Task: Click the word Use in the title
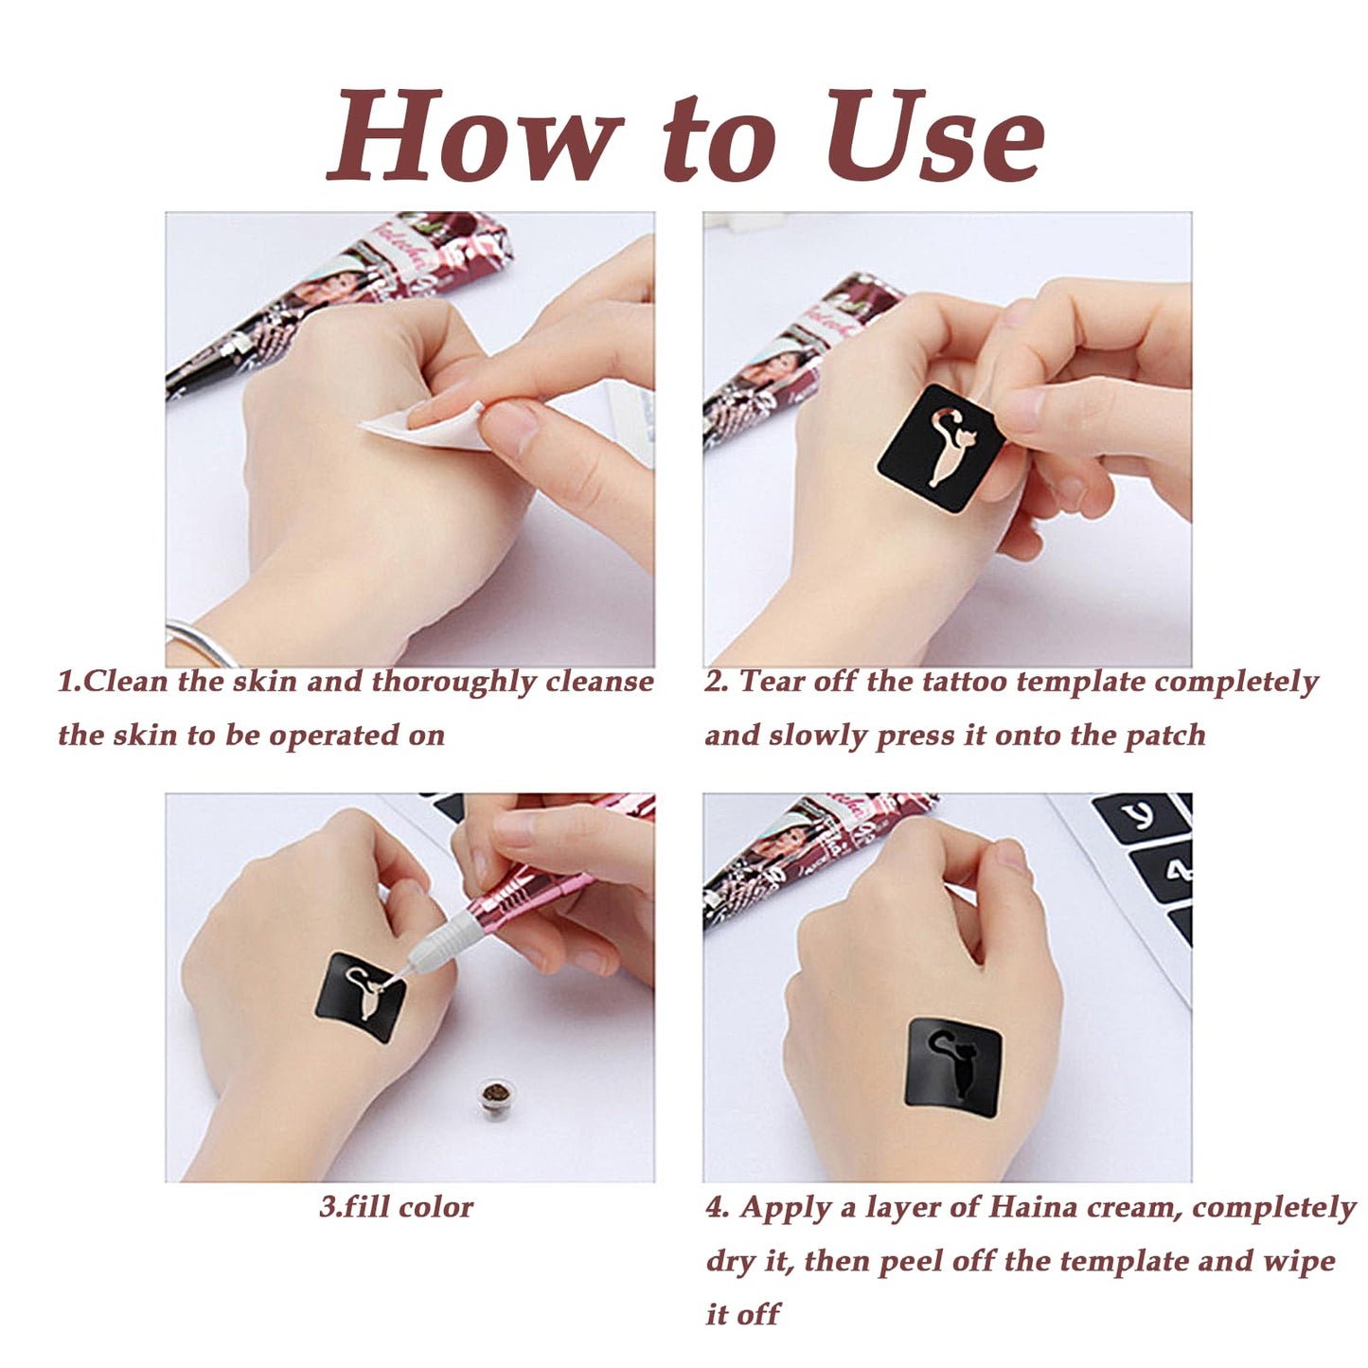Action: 935,135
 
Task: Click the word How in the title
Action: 470,135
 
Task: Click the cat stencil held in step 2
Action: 941,449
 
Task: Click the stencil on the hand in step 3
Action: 359,997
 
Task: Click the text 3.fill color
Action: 396,1206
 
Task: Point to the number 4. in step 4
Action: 719,1207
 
